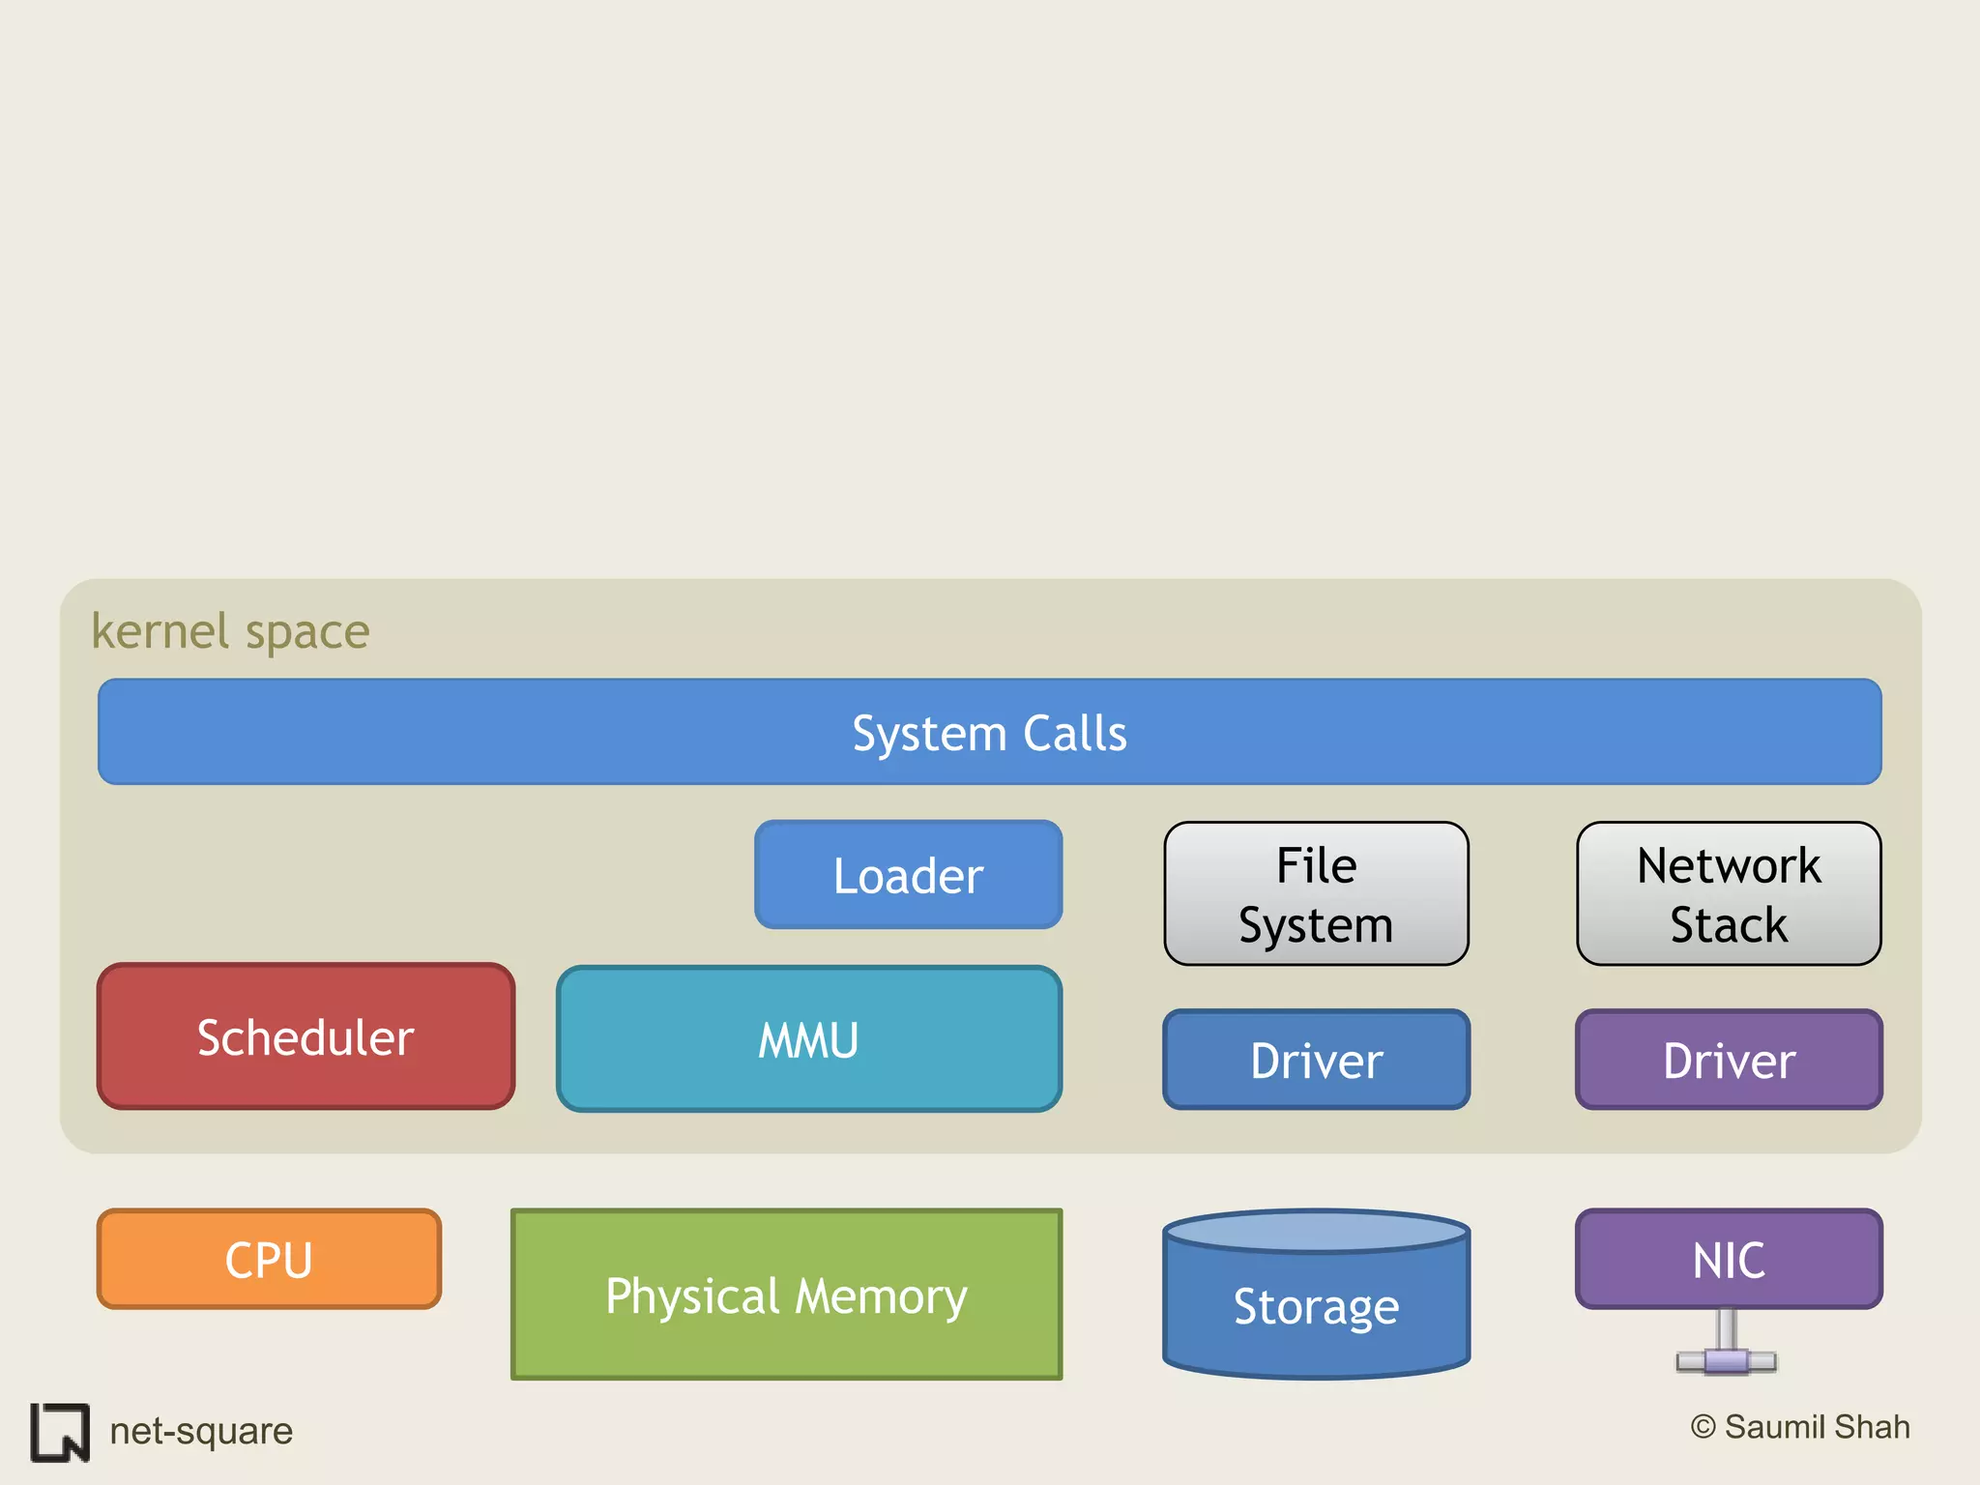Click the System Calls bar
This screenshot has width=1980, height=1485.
tap(989, 732)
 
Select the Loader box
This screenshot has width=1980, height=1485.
tap(908, 875)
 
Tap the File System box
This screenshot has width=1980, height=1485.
tap(1316, 894)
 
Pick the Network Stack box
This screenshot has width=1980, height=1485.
tap(1729, 894)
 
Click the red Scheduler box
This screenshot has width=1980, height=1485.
tap(306, 1036)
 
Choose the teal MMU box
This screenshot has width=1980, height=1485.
tap(809, 1039)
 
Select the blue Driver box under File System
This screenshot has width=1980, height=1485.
tap(1316, 1060)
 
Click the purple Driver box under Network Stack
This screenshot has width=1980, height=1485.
tap(1729, 1060)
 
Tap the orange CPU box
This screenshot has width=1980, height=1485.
tap(269, 1259)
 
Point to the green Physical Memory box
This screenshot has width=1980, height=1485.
tap(786, 1295)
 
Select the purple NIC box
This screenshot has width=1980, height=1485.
tap(1729, 1259)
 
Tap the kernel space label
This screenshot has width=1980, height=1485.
tap(230, 631)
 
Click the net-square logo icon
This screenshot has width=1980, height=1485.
tap(60, 1432)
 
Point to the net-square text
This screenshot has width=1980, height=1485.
tap(201, 1431)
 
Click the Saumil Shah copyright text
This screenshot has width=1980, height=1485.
tap(1800, 1427)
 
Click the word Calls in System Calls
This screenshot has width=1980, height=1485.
tap(1074, 734)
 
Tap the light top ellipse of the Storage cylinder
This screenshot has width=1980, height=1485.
tap(1316, 1232)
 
